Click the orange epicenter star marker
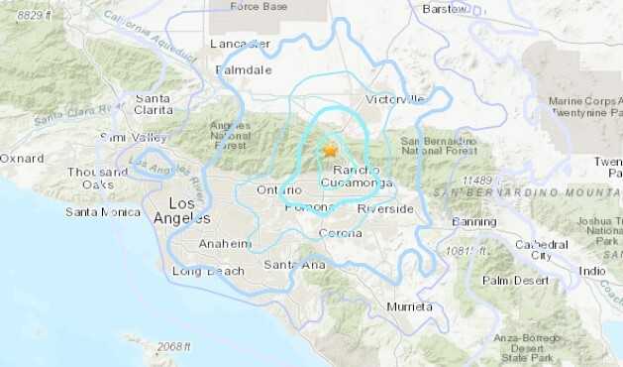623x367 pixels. point(330,150)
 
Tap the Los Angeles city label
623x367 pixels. point(182,210)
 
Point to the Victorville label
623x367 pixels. point(395,99)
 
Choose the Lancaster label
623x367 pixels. point(240,44)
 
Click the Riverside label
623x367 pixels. point(385,209)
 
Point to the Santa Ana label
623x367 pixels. point(294,264)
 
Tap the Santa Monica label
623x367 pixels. point(102,211)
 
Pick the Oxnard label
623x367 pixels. point(21,158)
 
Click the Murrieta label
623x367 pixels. point(410,306)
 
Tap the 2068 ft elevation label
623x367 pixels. point(175,346)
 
